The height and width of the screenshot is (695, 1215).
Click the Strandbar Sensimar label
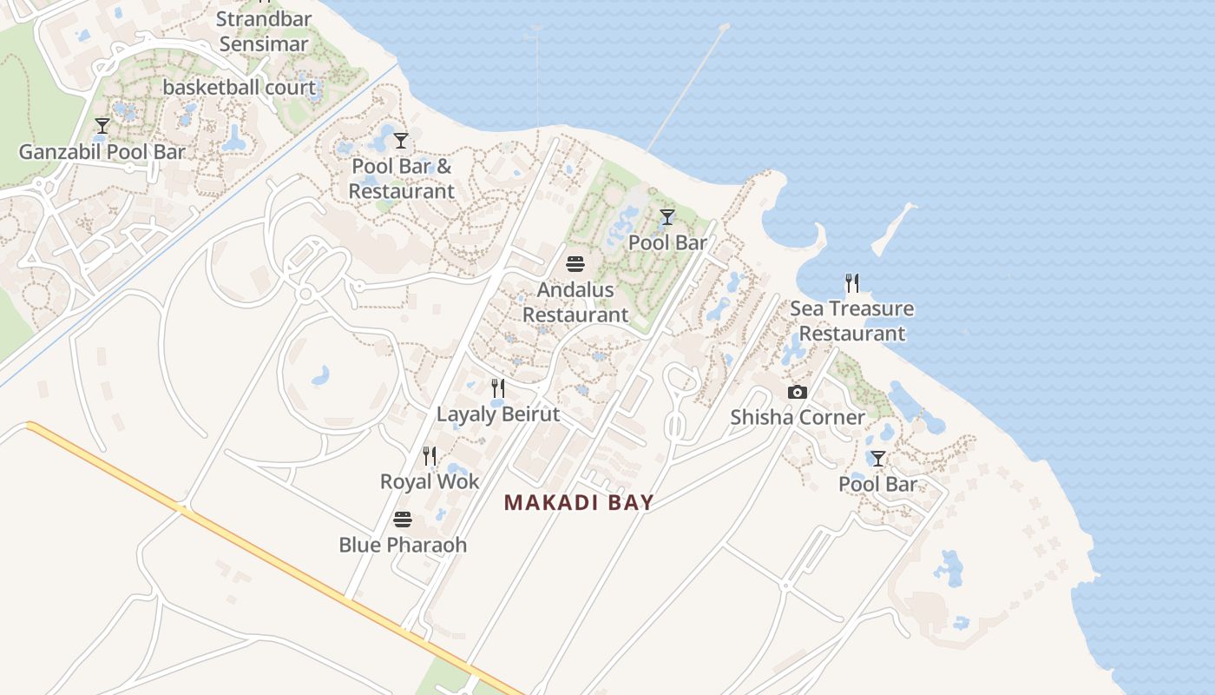click(264, 31)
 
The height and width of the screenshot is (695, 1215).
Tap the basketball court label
click(240, 88)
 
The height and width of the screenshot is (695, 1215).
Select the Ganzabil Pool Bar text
click(102, 152)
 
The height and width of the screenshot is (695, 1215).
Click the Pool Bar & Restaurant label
click(401, 178)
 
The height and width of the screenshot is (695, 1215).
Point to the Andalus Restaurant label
click(575, 302)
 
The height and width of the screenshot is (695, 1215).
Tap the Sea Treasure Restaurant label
click(851, 321)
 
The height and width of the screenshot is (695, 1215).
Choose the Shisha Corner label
click(798, 417)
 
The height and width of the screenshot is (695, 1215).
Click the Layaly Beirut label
click(498, 414)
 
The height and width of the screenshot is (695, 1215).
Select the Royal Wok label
click(430, 481)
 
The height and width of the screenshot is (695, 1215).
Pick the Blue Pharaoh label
click(403, 545)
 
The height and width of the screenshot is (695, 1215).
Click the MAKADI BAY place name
click(579, 503)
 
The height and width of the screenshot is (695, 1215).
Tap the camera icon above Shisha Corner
click(798, 393)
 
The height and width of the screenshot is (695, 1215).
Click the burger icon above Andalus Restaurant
click(575, 263)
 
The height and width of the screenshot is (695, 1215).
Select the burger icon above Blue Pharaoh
click(403, 520)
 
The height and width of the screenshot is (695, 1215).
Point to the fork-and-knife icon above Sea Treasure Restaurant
click(852, 283)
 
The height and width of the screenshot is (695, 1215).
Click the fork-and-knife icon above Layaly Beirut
click(498, 388)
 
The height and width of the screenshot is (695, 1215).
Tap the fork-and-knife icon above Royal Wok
click(429, 456)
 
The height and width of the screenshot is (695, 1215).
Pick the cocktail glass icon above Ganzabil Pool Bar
click(102, 126)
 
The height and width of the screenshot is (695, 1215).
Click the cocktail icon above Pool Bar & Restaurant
click(401, 140)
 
